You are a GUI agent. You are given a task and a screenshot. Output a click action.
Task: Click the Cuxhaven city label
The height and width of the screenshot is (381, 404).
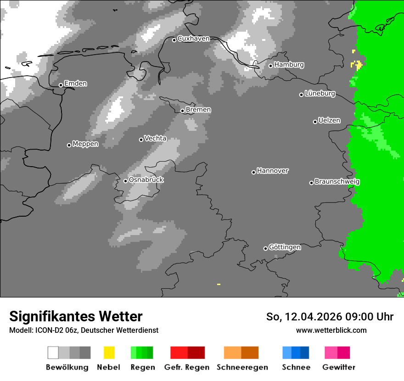pos(193,39)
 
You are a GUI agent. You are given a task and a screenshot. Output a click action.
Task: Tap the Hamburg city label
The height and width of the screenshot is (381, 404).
pos(289,65)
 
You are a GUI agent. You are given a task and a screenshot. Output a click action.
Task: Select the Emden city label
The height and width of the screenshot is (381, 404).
pos(75,84)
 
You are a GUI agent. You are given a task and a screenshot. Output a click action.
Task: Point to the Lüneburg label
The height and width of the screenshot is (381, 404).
pos(320,93)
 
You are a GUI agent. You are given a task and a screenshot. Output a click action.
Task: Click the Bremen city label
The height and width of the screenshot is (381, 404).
pos(198,110)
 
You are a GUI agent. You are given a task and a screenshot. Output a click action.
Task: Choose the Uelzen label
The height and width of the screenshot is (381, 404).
pos(329,120)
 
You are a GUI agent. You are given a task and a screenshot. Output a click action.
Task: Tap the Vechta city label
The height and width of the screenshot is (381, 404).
pos(155,138)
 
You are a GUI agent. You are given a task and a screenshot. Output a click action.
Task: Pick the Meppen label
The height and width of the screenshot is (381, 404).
pos(85,144)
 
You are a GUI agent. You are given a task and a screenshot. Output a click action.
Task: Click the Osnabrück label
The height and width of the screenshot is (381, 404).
pos(146,179)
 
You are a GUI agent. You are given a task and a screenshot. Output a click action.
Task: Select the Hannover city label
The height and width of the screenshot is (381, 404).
pos(273,171)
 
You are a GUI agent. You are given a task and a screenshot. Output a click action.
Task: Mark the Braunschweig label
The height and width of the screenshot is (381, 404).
pos(337,181)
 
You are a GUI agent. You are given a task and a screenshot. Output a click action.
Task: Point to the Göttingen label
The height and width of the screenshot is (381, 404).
pos(285,247)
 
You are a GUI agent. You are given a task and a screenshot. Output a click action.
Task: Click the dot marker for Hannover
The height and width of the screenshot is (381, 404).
pos(253,172)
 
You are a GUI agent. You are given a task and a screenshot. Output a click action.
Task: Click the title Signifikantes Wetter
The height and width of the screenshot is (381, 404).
pos(76,316)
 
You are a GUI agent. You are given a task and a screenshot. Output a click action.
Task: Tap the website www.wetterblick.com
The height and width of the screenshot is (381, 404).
pos(331,330)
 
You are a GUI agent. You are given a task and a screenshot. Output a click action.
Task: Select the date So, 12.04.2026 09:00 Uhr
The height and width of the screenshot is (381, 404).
pos(330,317)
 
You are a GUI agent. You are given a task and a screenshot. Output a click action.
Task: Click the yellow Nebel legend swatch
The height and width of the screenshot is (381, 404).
pos(109,353)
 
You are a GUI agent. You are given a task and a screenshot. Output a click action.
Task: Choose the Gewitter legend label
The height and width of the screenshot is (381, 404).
pos(339,367)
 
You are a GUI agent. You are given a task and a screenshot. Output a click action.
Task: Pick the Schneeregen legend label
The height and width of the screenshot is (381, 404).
pos(242,367)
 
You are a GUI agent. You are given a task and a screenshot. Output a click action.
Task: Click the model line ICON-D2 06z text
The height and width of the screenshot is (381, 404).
pos(84,330)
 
